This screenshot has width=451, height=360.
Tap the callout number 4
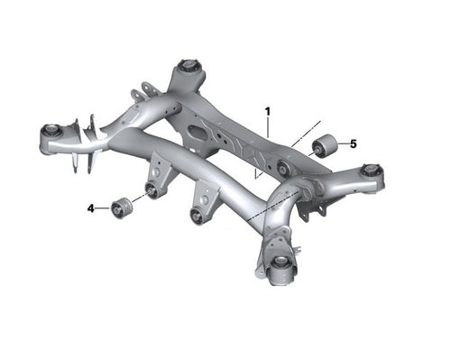click(91, 208)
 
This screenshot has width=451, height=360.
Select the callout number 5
click(354, 143)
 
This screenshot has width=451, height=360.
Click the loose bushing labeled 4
click(122, 206)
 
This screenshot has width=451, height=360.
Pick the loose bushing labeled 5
click(324, 144)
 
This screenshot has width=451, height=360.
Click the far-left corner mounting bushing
click(51, 132)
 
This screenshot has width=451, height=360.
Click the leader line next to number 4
click(102, 208)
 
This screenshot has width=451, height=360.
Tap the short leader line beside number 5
click(342, 143)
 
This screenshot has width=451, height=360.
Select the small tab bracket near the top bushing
click(140, 94)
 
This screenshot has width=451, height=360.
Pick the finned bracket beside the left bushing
click(86, 144)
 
